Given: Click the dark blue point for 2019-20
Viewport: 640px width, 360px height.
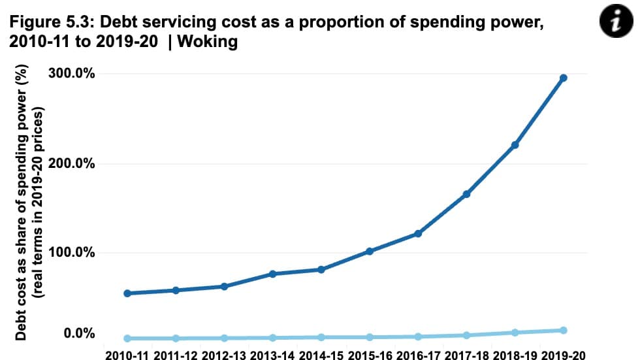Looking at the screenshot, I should coord(564,78).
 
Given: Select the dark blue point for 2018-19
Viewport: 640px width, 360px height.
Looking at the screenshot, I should coord(515,145).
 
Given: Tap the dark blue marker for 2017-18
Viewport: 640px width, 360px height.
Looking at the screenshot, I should coord(466,194).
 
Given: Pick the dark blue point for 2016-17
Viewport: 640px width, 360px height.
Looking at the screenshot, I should coord(418,233).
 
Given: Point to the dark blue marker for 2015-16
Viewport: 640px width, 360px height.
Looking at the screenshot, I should coord(369,251).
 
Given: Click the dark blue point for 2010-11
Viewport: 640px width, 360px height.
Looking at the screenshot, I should coord(127,293).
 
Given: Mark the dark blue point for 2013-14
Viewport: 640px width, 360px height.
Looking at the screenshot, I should coord(272,274).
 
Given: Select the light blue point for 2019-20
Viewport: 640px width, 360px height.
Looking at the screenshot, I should coord(564,331).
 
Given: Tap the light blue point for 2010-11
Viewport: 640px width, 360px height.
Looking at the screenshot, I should coord(127,338).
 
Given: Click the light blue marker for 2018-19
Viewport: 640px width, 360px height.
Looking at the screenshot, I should coord(515,333).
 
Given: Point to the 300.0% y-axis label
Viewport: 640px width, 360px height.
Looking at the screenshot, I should coord(72,73).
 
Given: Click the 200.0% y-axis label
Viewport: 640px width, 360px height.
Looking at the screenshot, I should coord(72,163).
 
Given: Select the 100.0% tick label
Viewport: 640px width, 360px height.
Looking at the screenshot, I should coord(72,253).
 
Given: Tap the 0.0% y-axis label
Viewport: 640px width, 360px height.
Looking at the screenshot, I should coord(79,334).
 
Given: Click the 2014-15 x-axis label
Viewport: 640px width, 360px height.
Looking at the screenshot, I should coord(321,354).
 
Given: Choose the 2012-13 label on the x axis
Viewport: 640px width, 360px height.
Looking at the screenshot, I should coord(224,354).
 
